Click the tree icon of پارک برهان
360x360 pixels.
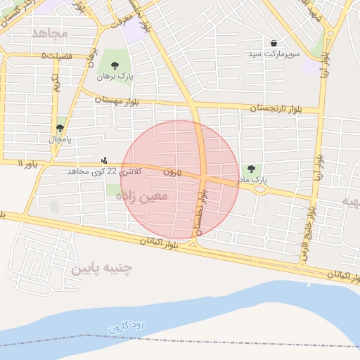(115, 65)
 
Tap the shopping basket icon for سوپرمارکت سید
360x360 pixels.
(274, 43)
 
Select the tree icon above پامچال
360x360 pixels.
(60, 128)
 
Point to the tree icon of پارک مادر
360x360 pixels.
(251, 168)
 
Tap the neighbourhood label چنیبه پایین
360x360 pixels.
(102, 268)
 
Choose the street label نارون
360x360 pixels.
(172, 172)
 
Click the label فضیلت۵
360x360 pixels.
(56, 55)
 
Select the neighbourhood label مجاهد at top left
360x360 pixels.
(49, 33)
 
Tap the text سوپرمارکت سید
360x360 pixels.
(273, 54)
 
